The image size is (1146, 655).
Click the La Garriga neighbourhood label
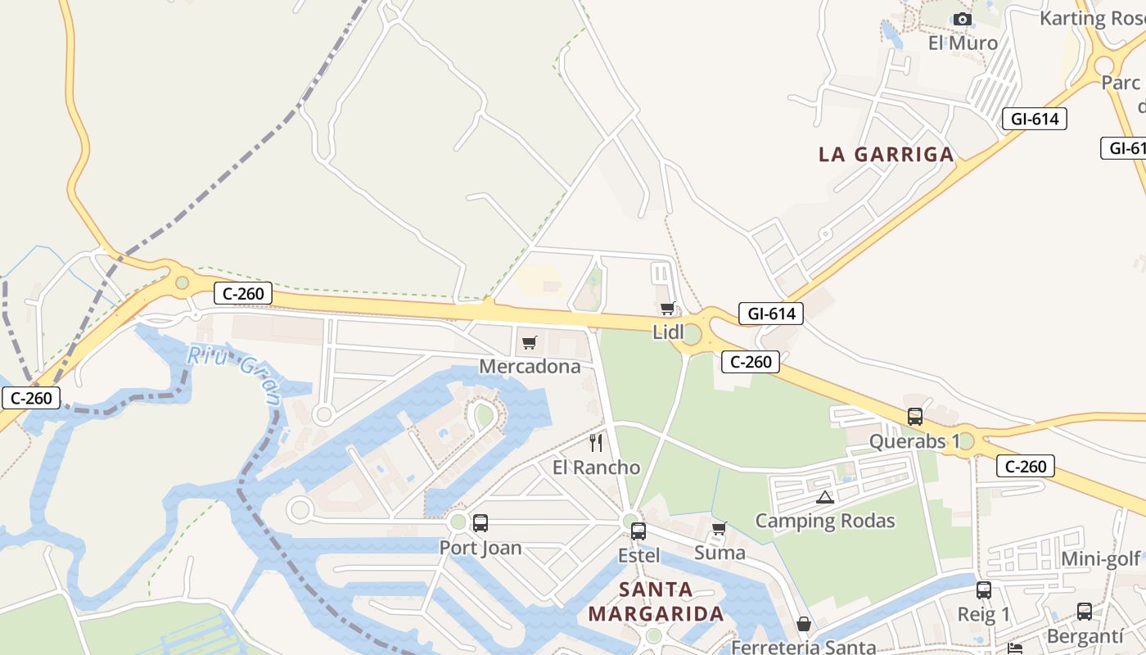point(887,154)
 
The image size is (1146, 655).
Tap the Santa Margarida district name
point(656,601)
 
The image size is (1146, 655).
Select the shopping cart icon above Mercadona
point(530,342)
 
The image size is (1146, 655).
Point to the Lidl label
point(668,332)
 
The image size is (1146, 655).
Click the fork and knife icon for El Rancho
point(596,443)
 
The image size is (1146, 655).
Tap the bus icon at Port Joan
point(481,522)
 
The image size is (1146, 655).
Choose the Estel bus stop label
point(639,555)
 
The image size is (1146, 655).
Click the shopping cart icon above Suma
point(720,528)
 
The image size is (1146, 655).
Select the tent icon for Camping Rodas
point(824,497)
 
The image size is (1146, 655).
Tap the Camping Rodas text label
point(825,521)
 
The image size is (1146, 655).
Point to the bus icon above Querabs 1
point(915,416)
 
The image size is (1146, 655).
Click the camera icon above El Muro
point(963,19)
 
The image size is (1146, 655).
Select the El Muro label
point(963,43)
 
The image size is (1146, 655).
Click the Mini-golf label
point(1100,558)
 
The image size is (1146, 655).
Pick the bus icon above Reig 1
point(984,589)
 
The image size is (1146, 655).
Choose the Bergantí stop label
point(1085,635)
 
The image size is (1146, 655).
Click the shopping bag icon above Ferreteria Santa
point(804,624)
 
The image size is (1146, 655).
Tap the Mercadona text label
point(530,366)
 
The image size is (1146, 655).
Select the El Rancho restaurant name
point(596,468)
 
